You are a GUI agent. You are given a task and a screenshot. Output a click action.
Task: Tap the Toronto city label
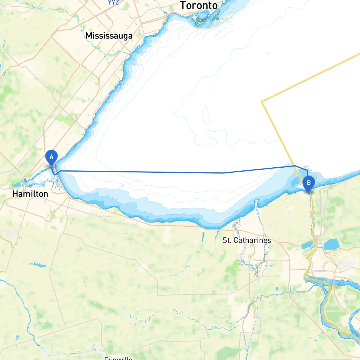point(199,5)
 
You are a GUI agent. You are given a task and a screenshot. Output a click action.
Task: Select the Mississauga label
point(109,36)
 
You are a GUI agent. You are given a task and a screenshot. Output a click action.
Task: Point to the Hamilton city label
point(30,194)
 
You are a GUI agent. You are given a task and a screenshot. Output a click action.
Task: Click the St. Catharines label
point(247,240)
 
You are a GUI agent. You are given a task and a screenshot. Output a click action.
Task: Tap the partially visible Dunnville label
point(118,358)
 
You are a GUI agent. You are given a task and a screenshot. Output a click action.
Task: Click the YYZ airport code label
point(113,3)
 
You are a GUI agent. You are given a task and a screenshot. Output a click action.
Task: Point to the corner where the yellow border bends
point(262,102)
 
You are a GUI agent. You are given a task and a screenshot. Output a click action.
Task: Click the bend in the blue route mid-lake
point(224,173)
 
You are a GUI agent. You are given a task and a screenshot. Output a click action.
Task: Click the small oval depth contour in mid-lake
point(207,115)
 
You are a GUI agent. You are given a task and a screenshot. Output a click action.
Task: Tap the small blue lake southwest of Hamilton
point(38,264)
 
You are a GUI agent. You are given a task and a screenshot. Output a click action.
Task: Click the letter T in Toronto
point(183,5)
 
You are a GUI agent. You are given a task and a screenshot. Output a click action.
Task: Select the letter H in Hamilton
point(15,194)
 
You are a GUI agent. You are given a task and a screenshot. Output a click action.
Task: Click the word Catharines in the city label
point(252,240)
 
